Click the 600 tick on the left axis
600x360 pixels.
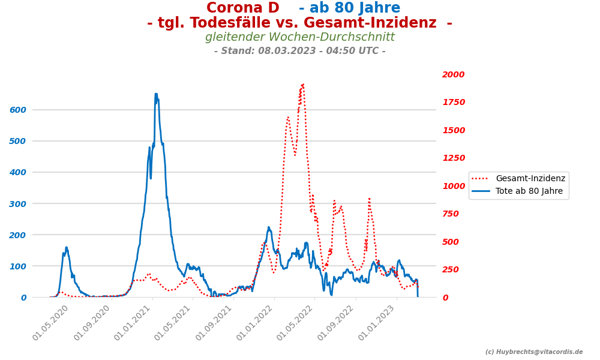(x=17, y=110)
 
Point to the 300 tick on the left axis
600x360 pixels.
(x=17, y=203)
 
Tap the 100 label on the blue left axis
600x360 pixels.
(x=17, y=266)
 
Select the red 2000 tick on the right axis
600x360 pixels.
(x=453, y=74)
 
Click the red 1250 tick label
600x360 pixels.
(x=453, y=158)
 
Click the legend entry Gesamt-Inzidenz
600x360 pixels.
(x=530, y=178)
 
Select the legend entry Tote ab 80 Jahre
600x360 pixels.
(x=529, y=191)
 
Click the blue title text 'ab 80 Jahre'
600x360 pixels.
(x=349, y=8)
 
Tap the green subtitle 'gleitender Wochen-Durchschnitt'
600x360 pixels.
(x=300, y=37)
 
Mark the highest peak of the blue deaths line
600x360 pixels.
(x=156, y=94)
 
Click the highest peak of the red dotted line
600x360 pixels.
(x=303, y=85)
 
